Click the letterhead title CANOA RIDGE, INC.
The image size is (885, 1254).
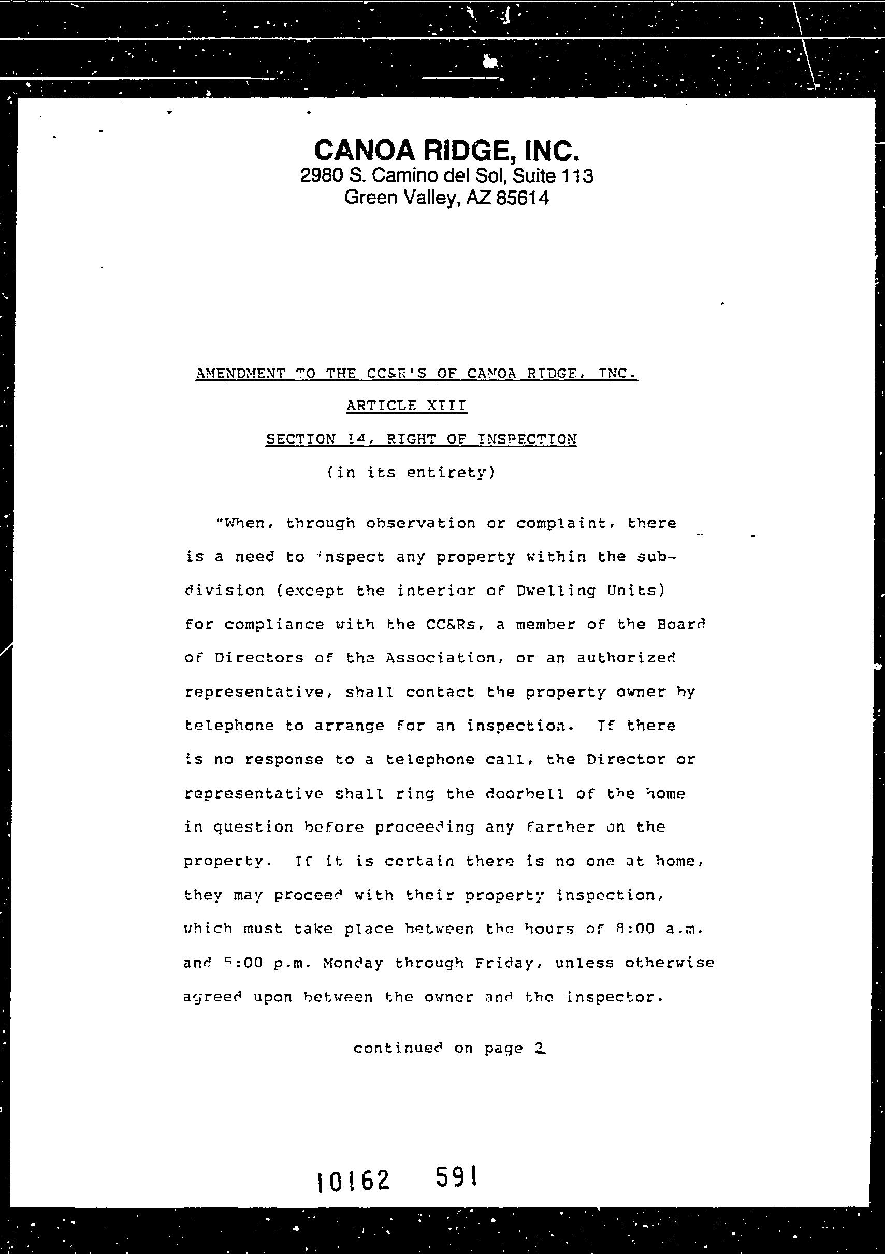(x=445, y=150)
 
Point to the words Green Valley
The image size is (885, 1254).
(x=401, y=198)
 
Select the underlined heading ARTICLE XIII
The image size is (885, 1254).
(x=407, y=406)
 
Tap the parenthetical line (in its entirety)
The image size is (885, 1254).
(x=411, y=473)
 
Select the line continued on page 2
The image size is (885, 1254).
(x=449, y=1048)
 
